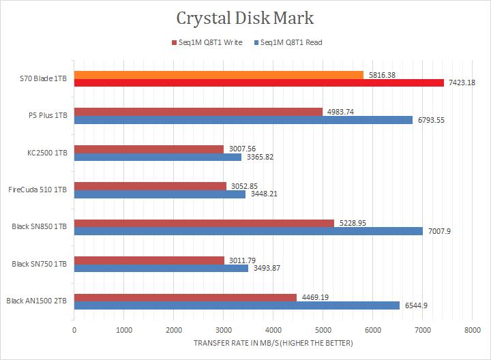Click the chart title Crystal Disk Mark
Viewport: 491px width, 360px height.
pyautogui.click(x=245, y=18)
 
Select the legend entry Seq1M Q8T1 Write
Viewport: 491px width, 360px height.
pyautogui.click(x=211, y=42)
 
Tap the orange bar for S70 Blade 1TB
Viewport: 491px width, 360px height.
pyautogui.click(x=218, y=74)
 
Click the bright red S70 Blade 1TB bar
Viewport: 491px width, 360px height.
pyautogui.click(x=259, y=83)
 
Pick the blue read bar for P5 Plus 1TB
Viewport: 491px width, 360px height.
pyautogui.click(x=243, y=120)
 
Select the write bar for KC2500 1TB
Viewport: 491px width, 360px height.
pyautogui.click(x=149, y=149)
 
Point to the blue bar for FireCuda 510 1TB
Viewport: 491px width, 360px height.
pyautogui.click(x=160, y=194)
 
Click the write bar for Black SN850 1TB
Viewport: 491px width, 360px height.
pyautogui.click(x=204, y=223)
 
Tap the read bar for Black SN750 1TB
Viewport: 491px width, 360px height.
pyautogui.click(x=161, y=268)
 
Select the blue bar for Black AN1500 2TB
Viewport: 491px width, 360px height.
pyautogui.click(x=237, y=305)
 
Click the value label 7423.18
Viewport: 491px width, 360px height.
pyautogui.click(x=461, y=83)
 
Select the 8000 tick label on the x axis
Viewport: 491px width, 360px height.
pyautogui.click(x=471, y=330)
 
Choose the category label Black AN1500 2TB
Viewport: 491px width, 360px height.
pyautogui.click(x=37, y=301)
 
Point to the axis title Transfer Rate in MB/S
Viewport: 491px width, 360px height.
pyautogui.click(x=272, y=343)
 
